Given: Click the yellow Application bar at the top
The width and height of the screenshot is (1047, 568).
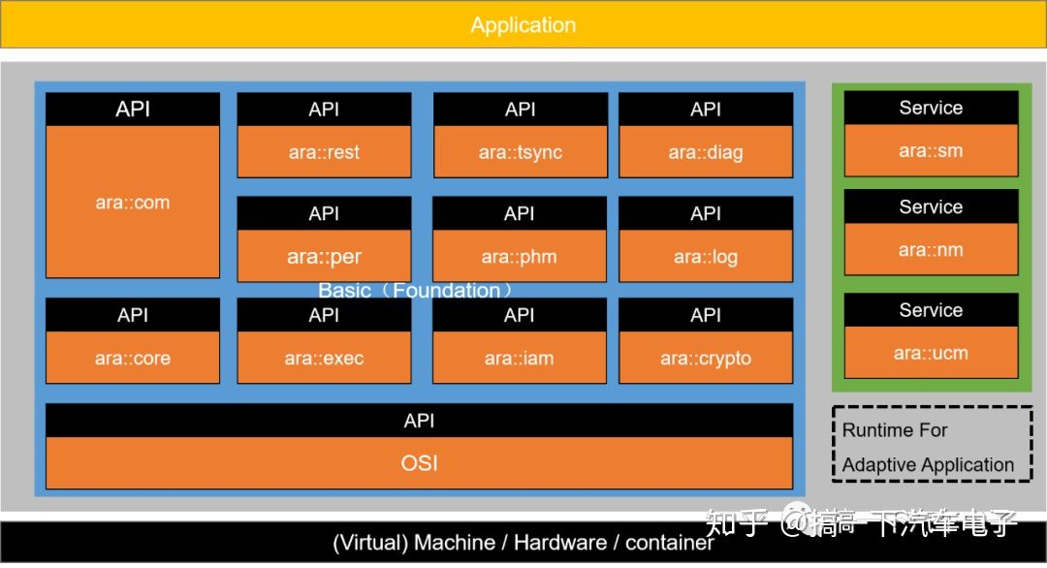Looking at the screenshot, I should pyautogui.click(x=523, y=25).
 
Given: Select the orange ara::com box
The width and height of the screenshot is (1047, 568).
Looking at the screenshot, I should pyautogui.click(x=133, y=202).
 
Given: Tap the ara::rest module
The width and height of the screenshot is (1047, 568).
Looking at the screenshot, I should pyautogui.click(x=324, y=151).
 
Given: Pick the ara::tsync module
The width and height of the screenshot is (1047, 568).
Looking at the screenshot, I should pyautogui.click(x=521, y=151).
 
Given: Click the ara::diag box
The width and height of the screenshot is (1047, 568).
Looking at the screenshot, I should pyautogui.click(x=706, y=151).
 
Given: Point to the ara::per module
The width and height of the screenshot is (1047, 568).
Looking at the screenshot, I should pyautogui.click(x=324, y=257).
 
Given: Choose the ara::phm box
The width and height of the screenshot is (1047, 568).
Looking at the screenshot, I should pyautogui.click(x=520, y=257).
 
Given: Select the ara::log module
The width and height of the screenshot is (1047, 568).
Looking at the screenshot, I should pyautogui.click(x=706, y=257).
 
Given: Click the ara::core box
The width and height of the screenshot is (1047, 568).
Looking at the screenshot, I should pyautogui.click(x=133, y=358).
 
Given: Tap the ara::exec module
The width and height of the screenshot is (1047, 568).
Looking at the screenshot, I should pyautogui.click(x=324, y=358).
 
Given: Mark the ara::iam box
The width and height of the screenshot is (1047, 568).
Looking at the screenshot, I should pyautogui.click(x=520, y=358).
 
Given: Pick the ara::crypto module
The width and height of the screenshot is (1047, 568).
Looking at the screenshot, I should pyautogui.click(x=706, y=358).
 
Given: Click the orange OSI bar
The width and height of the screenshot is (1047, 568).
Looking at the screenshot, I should pyautogui.click(x=419, y=463).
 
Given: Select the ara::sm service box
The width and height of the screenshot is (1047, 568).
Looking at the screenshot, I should pyautogui.click(x=931, y=151).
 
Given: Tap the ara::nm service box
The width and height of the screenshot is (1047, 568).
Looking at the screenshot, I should pyautogui.click(x=931, y=250).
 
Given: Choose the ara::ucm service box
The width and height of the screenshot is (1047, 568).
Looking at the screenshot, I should pyautogui.click(x=931, y=353).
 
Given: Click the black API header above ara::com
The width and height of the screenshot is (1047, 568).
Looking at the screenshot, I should pyautogui.click(x=133, y=109).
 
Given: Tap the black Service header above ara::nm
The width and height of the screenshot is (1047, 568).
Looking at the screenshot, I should pyautogui.click(x=931, y=206).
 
